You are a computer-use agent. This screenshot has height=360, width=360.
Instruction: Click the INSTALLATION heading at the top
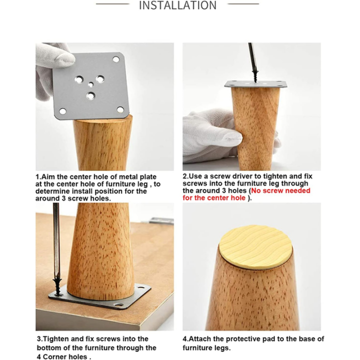pos(177,5)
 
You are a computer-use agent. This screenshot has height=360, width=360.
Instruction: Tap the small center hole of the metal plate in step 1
pos(91,84)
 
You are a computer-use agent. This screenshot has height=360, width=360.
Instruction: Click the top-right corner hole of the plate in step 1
pos(116,59)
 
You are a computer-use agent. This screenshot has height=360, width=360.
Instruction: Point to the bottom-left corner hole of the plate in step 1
pos(62,112)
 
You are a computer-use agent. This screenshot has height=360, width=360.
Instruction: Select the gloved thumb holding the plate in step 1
pos(60,57)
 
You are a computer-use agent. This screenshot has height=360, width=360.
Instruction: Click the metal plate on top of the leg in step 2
pos(256,84)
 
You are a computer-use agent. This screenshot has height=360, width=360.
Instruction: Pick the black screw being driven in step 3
pos(58,287)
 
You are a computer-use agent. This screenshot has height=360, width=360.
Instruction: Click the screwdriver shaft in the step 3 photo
pos(56,241)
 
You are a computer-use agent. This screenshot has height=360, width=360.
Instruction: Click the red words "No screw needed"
pos(280,190)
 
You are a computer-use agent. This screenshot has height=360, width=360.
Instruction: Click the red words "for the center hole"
pos(214,198)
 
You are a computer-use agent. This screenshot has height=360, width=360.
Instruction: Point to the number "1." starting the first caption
pos(38,177)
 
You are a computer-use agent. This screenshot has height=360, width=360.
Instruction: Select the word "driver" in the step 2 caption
pos(242,176)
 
